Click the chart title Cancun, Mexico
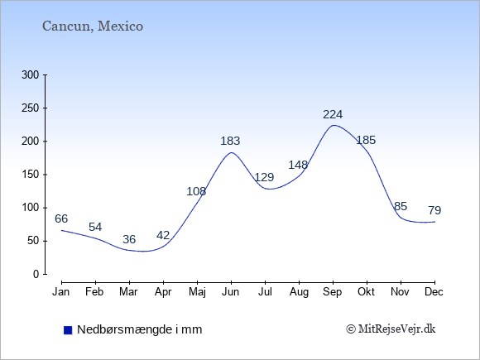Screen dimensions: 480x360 pyautogui.click(x=93, y=26)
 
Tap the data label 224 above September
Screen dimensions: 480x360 pyautogui.click(x=333, y=114)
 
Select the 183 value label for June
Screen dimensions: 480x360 pyautogui.click(x=230, y=142)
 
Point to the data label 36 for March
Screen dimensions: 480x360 pyautogui.click(x=129, y=239)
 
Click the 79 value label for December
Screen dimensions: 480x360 pyautogui.click(x=434, y=210)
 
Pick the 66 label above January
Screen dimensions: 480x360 pyautogui.click(x=61, y=218)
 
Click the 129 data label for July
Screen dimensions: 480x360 pyautogui.click(x=264, y=177)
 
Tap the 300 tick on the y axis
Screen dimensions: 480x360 pyautogui.click(x=31, y=75)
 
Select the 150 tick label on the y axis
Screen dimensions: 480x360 pyautogui.click(x=31, y=175)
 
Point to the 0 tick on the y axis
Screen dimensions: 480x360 pyautogui.click(x=36, y=274)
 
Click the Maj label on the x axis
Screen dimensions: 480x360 pyautogui.click(x=197, y=292)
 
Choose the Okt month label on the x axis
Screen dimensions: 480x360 pyautogui.click(x=366, y=292)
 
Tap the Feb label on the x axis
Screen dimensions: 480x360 pyautogui.click(x=94, y=292)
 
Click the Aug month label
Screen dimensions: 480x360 pyautogui.click(x=299, y=292)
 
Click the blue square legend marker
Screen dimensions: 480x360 pyautogui.click(x=68, y=330)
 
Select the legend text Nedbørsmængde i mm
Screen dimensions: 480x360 pyautogui.click(x=140, y=329)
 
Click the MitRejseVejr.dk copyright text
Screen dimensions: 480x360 pyautogui.click(x=391, y=329)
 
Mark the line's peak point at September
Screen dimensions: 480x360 pyautogui.click(x=333, y=125)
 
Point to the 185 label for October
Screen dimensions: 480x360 pyautogui.click(x=366, y=140)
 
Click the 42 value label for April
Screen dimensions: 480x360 pyautogui.click(x=163, y=235)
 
